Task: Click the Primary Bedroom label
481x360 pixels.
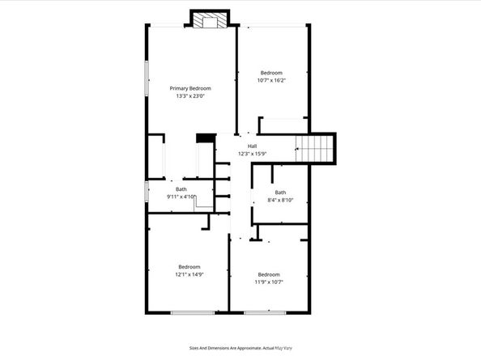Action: click(189, 88)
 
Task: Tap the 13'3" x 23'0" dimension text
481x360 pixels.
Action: click(189, 96)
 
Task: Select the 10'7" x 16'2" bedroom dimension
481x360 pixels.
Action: click(270, 80)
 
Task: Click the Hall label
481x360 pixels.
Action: click(252, 146)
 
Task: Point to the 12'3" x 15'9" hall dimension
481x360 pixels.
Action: click(252, 154)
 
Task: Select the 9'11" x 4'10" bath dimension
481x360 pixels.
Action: click(181, 197)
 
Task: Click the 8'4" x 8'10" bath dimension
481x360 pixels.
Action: click(280, 200)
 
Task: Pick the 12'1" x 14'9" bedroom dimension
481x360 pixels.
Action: click(189, 274)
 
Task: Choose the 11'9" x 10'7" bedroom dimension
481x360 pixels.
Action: click(268, 282)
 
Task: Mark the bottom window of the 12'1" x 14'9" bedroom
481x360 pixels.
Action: click(192, 311)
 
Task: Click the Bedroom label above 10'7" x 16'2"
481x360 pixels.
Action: click(270, 72)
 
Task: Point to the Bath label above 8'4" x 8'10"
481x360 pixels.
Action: click(280, 192)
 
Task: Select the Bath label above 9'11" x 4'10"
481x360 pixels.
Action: click(181, 188)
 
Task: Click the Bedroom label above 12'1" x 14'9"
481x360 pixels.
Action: click(189, 266)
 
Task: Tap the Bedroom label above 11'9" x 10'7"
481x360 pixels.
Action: click(268, 273)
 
